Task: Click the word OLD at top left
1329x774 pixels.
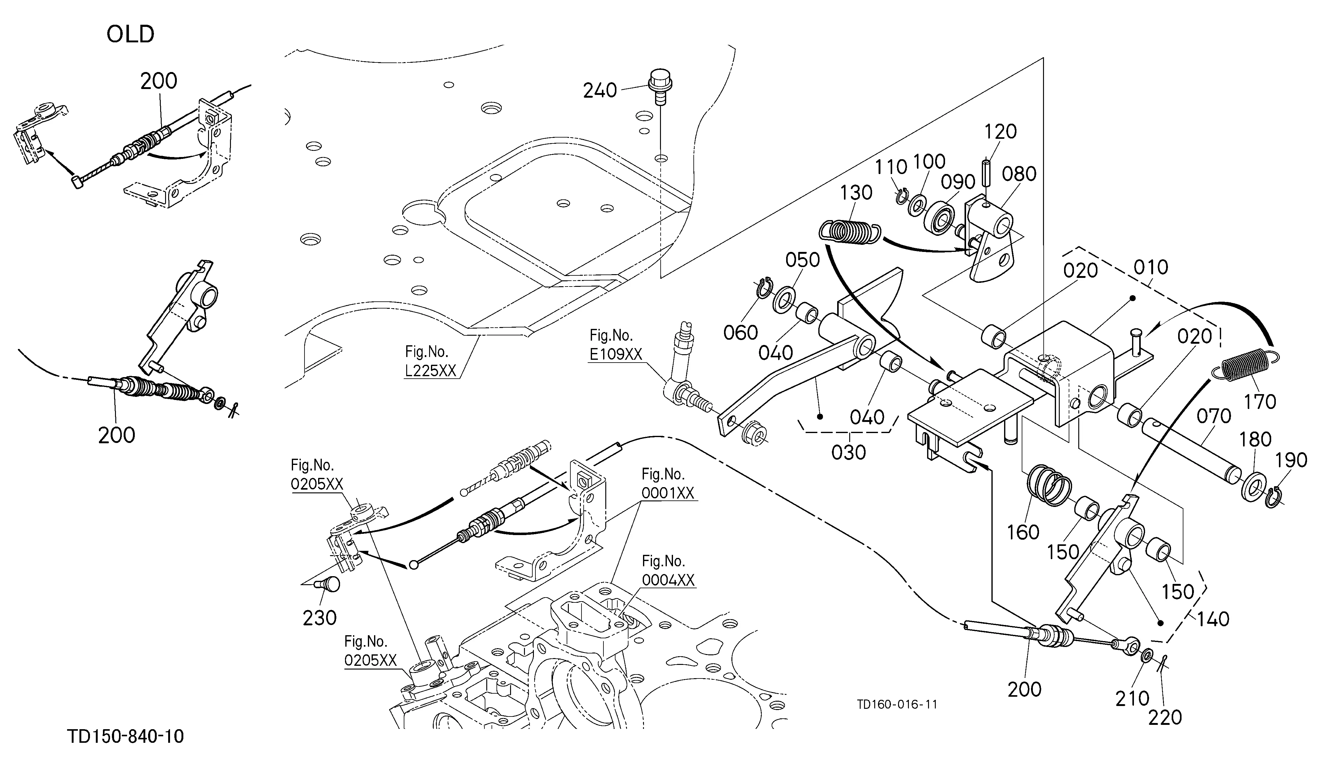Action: (x=130, y=34)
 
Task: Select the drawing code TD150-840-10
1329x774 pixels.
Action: (x=126, y=736)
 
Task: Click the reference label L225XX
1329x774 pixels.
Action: (x=430, y=371)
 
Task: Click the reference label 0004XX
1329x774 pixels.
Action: (x=668, y=580)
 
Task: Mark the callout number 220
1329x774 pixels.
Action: (x=1165, y=717)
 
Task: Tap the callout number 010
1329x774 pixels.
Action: (x=1151, y=267)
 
